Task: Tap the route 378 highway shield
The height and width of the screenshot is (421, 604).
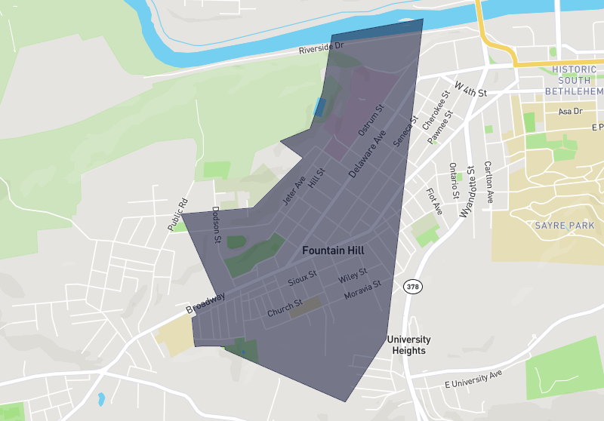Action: click(412, 287)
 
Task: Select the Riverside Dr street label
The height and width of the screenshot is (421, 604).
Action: click(321, 50)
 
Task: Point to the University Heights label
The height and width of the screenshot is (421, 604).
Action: click(408, 345)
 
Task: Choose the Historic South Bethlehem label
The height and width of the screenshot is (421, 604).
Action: click(574, 80)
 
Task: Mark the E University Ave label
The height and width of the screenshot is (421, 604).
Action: click(473, 380)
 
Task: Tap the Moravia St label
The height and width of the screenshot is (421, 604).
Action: click(362, 290)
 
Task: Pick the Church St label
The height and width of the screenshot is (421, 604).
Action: click(285, 308)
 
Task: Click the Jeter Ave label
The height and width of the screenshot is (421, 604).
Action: click(294, 192)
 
